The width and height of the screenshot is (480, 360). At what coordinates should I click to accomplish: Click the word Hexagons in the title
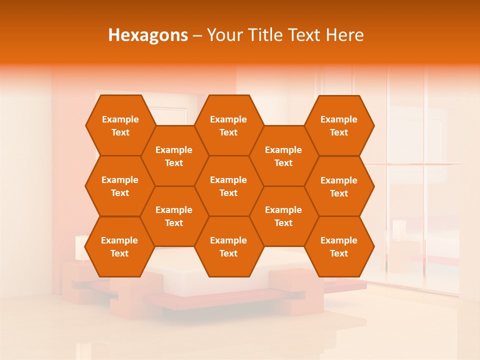pos(148,35)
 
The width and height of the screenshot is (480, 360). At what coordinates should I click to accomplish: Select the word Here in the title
pos(344,35)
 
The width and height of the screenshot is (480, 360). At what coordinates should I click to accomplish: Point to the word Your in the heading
pos(224,35)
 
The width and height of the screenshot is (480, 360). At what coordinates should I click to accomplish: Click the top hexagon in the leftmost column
pos(120,125)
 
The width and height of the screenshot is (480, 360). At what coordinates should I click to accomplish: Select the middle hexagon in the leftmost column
pos(120,186)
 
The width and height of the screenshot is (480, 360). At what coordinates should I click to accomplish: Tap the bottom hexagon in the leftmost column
pos(119,246)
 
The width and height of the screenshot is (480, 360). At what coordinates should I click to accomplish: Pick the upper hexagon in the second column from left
pos(174,156)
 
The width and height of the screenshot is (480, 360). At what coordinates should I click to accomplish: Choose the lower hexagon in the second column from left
pos(174,216)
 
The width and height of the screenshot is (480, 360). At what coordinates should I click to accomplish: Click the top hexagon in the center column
pos(228,125)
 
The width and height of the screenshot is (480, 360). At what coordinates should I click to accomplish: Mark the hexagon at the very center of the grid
pos(228,186)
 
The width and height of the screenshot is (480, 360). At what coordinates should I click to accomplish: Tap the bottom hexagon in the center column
pos(228,246)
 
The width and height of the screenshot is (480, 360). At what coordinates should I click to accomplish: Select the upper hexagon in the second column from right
pos(283,156)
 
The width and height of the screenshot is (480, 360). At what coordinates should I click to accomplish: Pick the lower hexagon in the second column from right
pos(283,216)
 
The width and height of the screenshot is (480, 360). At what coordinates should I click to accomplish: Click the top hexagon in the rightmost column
pos(339,125)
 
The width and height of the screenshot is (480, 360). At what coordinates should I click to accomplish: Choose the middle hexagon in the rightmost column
pos(339,186)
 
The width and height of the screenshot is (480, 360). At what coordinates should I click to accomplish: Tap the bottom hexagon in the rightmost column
pos(339,246)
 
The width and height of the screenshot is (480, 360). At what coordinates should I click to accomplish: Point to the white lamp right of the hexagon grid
pos(398,229)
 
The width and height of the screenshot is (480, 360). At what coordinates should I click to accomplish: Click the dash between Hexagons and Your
pos(197,35)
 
